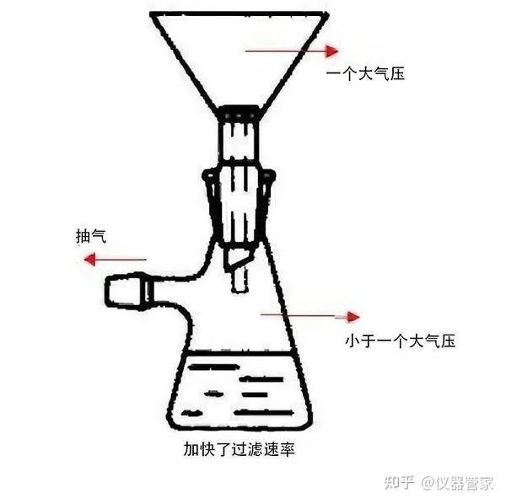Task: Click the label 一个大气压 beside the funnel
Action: click(365, 74)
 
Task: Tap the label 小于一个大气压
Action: click(400, 340)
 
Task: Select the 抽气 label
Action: click(91, 236)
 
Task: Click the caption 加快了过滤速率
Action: click(240, 449)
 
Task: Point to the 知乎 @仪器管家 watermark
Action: click(439, 483)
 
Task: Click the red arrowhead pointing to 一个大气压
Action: click(331, 51)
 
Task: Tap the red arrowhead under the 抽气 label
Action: click(89, 260)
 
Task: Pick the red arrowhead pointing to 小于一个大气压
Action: click(353, 317)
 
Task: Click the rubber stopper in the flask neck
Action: click(240, 206)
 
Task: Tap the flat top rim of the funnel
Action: click(240, 14)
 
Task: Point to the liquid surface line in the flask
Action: click(240, 354)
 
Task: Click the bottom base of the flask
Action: click(240, 426)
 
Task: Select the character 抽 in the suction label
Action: click(83, 236)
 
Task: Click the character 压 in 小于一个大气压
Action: click(448, 340)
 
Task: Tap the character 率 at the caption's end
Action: click(288, 449)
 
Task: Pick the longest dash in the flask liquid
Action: click(264, 412)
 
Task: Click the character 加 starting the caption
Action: click(191, 449)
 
